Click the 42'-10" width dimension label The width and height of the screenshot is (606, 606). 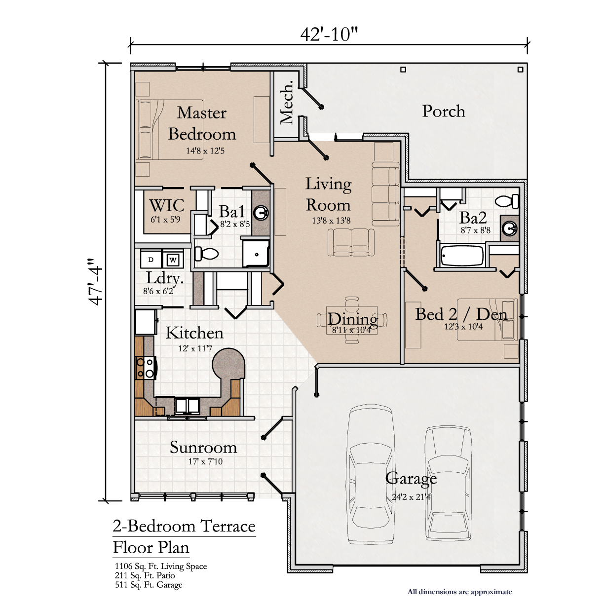coord(329,34)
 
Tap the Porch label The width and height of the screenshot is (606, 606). coord(444,111)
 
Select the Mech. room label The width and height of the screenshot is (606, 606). coord(287,102)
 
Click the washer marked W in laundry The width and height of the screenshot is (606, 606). coord(173,260)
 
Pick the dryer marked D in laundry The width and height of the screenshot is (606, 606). coord(151,260)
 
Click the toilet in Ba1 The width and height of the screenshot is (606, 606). coord(206,254)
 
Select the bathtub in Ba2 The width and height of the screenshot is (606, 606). coord(462,255)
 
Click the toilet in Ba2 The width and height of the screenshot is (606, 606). coord(506,201)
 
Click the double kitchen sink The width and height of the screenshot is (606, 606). coord(187,406)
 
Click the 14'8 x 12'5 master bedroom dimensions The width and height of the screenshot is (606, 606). coord(205,151)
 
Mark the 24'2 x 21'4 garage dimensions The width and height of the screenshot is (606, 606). coord(411,497)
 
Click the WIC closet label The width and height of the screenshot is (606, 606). coord(166,206)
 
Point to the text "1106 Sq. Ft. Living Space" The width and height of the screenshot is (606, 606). coord(161,567)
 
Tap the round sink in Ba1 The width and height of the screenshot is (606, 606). coord(261,214)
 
